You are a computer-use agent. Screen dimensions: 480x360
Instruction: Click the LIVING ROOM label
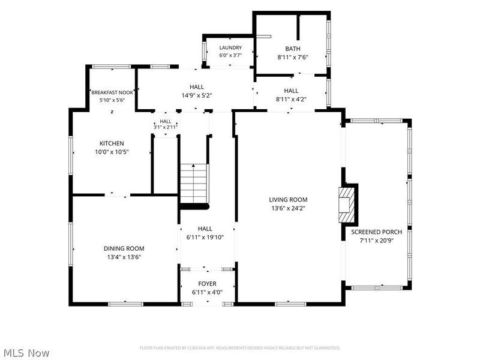(288, 200)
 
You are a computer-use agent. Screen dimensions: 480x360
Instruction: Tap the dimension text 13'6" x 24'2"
(289, 208)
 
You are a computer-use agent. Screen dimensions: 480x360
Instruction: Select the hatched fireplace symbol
(346, 205)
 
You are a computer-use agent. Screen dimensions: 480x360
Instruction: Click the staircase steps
(194, 184)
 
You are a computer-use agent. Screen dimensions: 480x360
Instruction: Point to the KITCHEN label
(112, 143)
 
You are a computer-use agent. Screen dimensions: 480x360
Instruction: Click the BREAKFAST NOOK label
(112, 92)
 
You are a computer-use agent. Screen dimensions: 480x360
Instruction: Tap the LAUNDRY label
(230, 48)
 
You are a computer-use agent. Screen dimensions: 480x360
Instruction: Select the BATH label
(293, 49)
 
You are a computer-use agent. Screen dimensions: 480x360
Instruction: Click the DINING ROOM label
(124, 248)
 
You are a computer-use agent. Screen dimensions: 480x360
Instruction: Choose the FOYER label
(207, 284)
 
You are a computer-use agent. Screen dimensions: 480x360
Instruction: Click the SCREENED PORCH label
(377, 232)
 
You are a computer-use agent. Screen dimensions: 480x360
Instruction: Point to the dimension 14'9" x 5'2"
(197, 95)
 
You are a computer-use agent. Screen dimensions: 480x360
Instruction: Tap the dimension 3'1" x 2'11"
(166, 127)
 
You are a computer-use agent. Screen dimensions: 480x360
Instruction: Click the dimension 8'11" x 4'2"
(291, 99)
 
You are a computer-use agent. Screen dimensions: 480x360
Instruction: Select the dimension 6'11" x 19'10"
(205, 237)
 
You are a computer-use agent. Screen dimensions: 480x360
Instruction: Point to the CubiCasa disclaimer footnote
(240, 348)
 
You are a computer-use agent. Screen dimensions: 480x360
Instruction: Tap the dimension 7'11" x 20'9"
(377, 241)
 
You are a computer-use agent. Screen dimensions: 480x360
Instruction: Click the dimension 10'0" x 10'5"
(112, 152)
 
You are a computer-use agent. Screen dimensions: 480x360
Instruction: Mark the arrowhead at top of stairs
(193, 166)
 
